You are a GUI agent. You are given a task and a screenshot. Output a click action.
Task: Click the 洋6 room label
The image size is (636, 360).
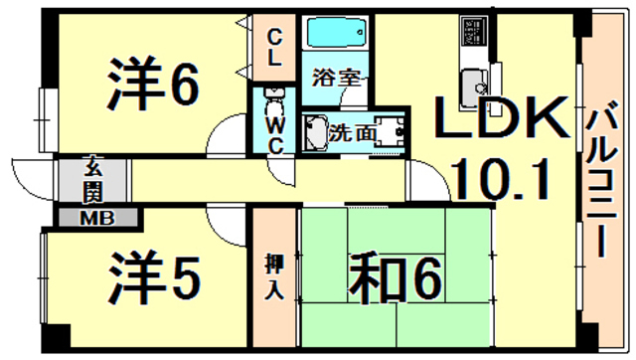pyautogui.click(x=152, y=87)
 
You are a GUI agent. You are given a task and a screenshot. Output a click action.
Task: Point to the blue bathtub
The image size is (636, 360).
pyautogui.click(x=334, y=38)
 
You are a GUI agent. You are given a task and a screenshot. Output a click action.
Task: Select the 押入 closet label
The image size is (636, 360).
pyautogui.click(x=274, y=277)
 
